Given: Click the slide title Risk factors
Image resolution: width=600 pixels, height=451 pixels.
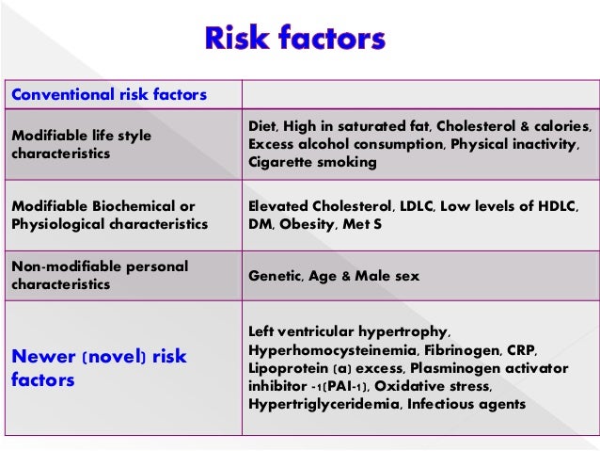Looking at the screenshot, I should coord(294,40).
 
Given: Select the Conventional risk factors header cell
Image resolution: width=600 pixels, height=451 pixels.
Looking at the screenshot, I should coord(110,94).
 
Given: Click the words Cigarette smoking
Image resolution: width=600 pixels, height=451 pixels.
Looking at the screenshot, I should coord(312,162).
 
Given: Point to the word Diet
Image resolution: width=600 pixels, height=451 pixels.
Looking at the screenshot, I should coord(264,126).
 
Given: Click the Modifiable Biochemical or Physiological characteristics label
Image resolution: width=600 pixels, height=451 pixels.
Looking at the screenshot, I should coord(109,215).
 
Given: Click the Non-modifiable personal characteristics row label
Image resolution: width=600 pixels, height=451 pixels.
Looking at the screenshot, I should coord(101,275).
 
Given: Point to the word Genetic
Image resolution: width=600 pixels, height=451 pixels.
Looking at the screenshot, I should coord(275,276).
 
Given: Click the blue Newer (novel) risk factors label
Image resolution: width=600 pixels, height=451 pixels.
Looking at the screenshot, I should coord(100,367).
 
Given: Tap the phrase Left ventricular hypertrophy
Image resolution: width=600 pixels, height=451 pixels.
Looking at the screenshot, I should coord(350,332).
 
